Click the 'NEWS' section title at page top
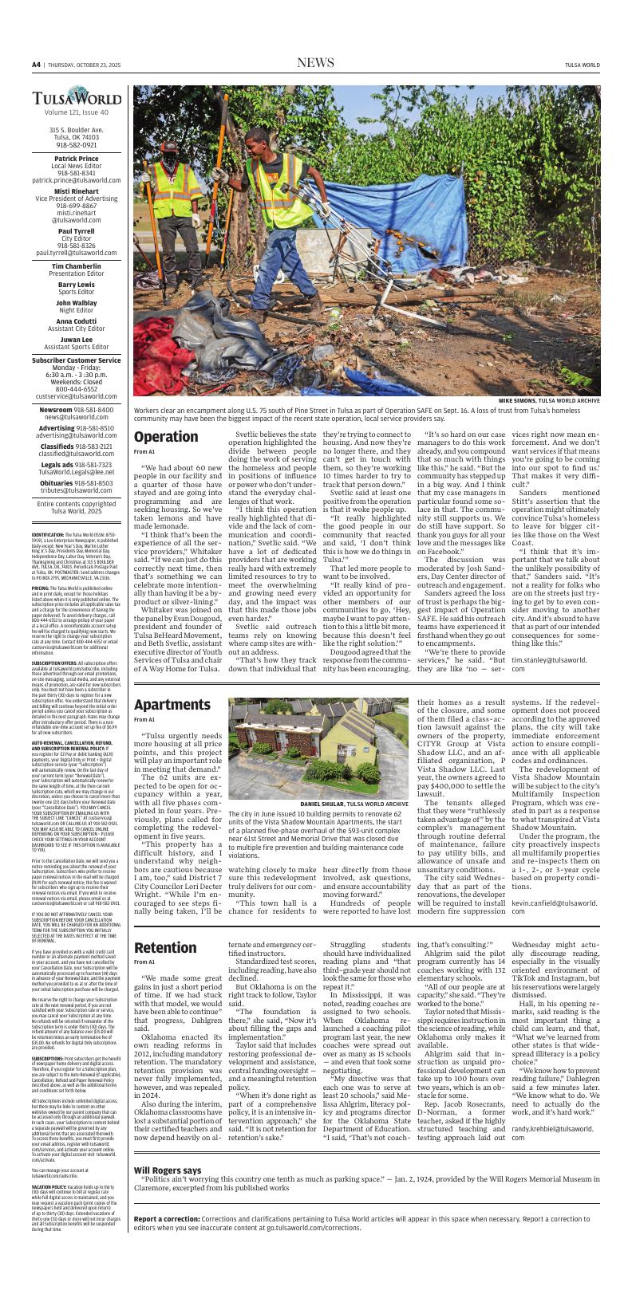[315, 63]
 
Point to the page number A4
[36, 64]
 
